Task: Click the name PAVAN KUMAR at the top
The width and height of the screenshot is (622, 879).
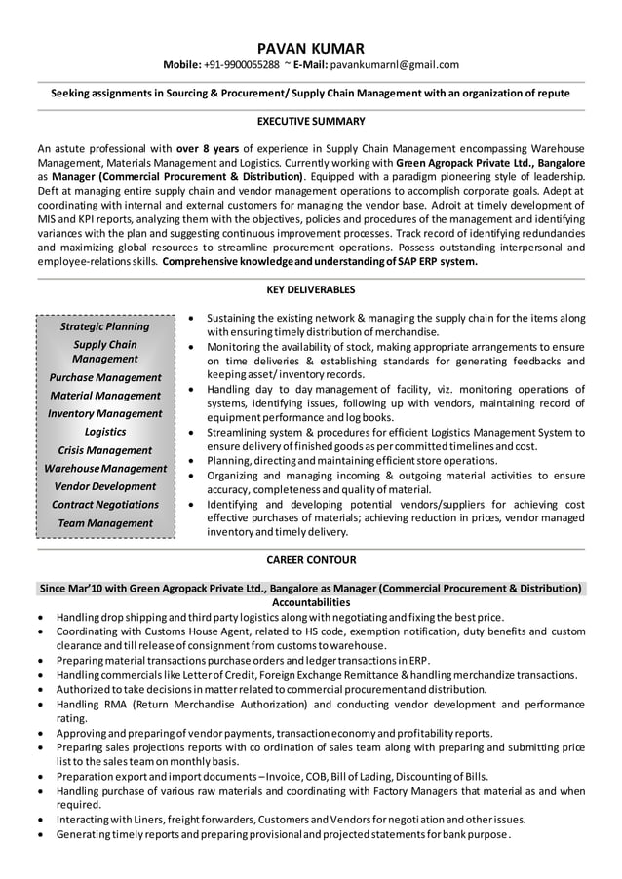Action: point(311,48)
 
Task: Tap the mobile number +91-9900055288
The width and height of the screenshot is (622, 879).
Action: point(242,65)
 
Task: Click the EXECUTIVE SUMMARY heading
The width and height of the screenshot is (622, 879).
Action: point(311,121)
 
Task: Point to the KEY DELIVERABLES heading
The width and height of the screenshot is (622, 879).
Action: point(311,289)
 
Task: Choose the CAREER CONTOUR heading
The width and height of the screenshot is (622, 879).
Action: point(311,560)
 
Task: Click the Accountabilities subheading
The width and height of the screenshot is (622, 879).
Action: point(311,602)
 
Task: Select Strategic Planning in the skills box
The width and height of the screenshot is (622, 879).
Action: point(105,326)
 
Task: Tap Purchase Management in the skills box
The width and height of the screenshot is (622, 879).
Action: point(105,377)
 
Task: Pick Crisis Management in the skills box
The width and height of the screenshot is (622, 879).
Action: point(105,450)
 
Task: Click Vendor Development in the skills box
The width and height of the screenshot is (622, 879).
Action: point(105,486)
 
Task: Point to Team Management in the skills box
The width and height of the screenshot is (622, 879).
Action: point(105,523)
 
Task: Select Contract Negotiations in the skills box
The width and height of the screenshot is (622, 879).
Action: point(105,505)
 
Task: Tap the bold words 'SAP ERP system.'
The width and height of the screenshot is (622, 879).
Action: point(433,261)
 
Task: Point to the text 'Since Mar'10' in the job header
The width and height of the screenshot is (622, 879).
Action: point(73,589)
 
